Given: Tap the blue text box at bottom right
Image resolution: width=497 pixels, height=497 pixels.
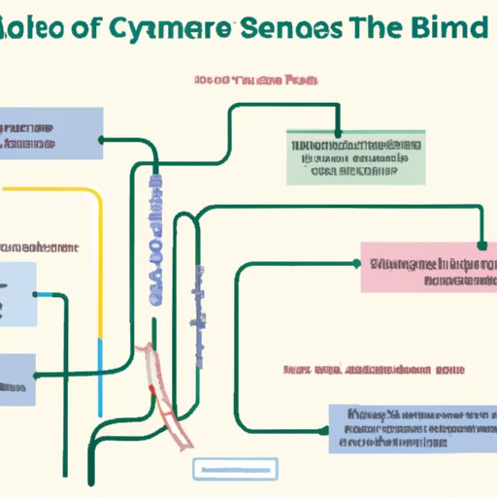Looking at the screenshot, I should tap(408, 428).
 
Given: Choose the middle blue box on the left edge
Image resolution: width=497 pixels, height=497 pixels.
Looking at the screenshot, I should tap(18, 291).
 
